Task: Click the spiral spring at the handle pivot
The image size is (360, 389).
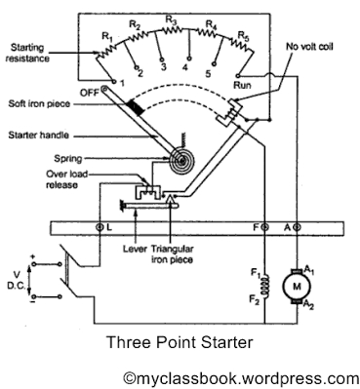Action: [x=180, y=157]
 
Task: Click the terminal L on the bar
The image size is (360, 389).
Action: [x=102, y=227]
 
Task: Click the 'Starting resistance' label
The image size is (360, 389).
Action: [x=36, y=53]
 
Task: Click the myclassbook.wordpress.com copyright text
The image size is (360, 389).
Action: [x=240, y=375]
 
